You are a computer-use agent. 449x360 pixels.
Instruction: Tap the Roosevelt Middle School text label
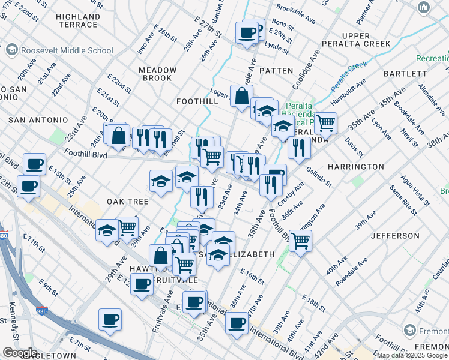point(59,51)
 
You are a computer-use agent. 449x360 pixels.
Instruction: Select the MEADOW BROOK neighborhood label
point(158,74)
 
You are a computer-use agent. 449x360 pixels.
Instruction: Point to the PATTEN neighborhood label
point(277,71)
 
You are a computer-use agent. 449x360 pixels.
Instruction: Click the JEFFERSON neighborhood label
point(395,236)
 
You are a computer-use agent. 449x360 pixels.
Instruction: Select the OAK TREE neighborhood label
point(127,202)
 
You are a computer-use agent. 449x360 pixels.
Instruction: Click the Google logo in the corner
point(20,353)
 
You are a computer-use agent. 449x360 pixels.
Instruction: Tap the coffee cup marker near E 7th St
point(110,320)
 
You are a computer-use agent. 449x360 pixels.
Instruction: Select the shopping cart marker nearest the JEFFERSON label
point(300,241)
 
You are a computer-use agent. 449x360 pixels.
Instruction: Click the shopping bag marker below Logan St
point(241,97)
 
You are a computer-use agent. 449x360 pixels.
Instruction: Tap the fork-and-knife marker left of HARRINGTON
point(298,148)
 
